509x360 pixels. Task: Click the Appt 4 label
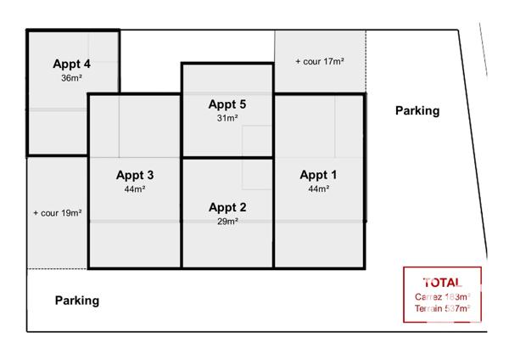(x=72, y=64)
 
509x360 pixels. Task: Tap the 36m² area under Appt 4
(x=72, y=77)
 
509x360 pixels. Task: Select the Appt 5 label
(x=227, y=104)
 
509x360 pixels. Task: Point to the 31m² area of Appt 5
(x=227, y=118)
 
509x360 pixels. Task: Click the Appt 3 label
(x=135, y=175)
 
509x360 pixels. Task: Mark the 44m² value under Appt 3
(x=135, y=188)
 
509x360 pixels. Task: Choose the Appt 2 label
(x=227, y=207)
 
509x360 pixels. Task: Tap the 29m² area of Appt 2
(x=227, y=221)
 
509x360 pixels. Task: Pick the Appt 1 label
(x=319, y=175)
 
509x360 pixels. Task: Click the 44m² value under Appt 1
(x=319, y=188)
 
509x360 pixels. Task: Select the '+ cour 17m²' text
(x=319, y=61)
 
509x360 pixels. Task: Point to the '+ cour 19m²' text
(x=57, y=213)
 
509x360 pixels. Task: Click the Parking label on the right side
(x=417, y=110)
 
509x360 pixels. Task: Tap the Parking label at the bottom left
(x=77, y=300)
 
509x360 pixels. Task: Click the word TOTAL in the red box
(x=442, y=282)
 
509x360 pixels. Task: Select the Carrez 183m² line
(x=442, y=296)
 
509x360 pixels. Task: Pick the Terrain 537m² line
(x=442, y=309)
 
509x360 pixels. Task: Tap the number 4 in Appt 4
(x=87, y=64)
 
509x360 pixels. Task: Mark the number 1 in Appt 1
(x=334, y=175)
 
